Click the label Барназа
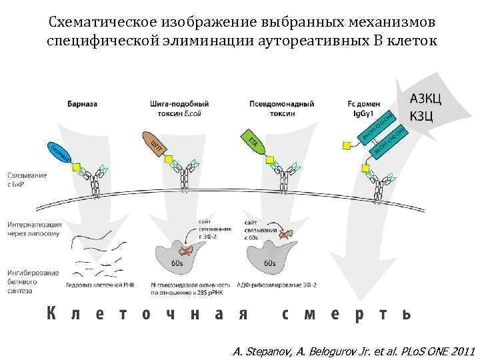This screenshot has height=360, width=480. (82, 104)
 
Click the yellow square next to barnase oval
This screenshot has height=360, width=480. (77, 167)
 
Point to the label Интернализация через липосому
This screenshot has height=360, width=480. (34, 229)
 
